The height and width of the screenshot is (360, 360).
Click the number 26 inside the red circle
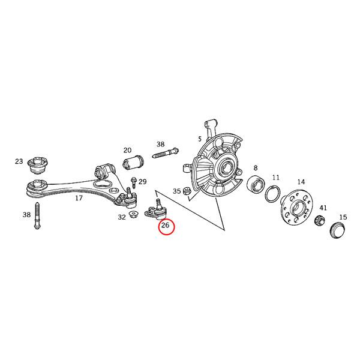click(x=166, y=226)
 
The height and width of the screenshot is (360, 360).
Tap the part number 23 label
click(x=19, y=161)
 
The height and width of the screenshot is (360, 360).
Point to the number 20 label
click(x=127, y=150)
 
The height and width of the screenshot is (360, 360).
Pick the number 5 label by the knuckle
click(x=200, y=139)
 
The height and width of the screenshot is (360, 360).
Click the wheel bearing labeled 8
click(x=255, y=185)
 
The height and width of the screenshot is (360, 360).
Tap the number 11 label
click(x=276, y=178)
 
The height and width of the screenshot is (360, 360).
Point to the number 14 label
click(x=301, y=182)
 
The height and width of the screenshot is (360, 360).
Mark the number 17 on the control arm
click(x=79, y=198)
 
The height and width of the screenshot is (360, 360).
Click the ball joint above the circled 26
click(x=157, y=209)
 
